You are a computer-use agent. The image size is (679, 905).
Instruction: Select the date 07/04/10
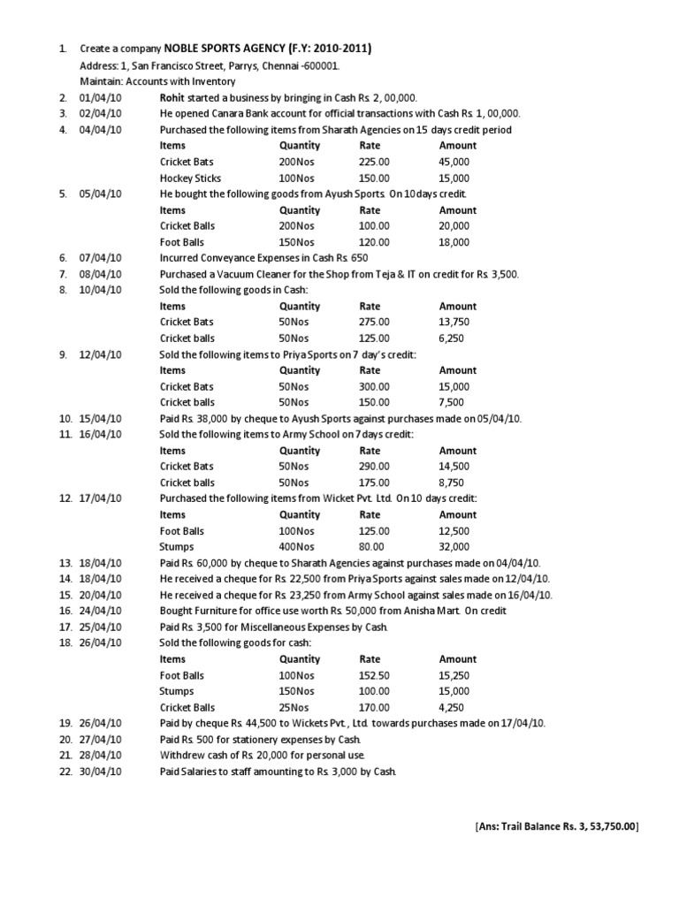(x=104, y=257)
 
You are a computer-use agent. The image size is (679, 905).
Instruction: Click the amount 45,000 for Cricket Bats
(x=454, y=162)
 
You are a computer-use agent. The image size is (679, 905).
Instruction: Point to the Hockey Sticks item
(x=190, y=178)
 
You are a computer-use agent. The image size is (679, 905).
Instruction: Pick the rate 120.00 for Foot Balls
(x=374, y=241)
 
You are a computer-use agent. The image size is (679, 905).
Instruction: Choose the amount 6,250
(x=451, y=338)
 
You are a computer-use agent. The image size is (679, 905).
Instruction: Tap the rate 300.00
(x=374, y=386)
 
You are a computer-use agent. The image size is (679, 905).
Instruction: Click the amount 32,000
(x=454, y=546)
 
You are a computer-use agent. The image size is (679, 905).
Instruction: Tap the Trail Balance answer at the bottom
(x=556, y=825)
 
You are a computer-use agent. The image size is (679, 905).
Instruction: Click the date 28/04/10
(x=104, y=755)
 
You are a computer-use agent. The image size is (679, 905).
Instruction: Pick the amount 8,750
(x=451, y=483)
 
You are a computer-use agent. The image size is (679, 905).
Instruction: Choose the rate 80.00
(x=371, y=546)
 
